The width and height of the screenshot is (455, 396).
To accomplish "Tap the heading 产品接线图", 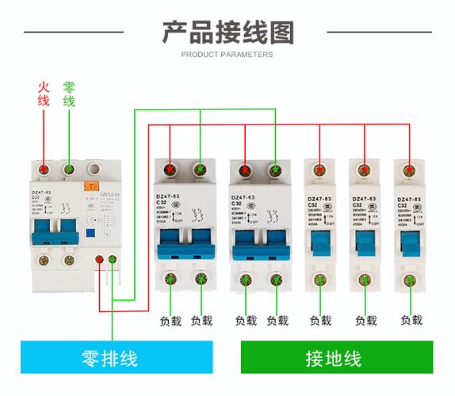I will pyautogui.click(x=227, y=32).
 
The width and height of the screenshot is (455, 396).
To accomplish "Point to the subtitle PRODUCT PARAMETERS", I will pyautogui.click(x=227, y=55).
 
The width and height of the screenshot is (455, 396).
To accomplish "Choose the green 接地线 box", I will pyautogui.click(x=338, y=357).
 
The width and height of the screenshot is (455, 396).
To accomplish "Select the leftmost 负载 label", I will pyautogui.click(x=170, y=321).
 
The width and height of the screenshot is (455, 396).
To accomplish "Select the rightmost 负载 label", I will pyautogui.click(x=411, y=320).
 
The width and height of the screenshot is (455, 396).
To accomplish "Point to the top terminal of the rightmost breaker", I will pyautogui.click(x=409, y=169).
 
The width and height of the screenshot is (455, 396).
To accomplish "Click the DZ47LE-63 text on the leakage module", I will pyautogui.click(x=107, y=194).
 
